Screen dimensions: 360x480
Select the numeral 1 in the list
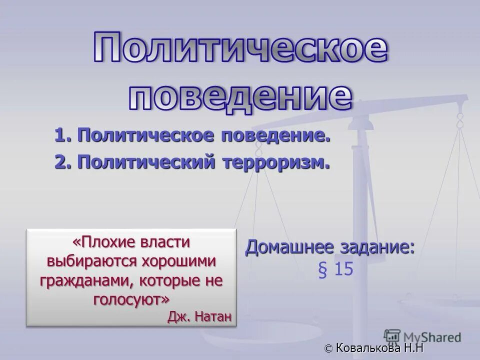coord(60,135)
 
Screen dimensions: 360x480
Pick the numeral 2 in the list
coord(60,162)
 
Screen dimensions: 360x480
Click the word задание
coord(380,247)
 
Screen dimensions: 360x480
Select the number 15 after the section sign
coord(344,269)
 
